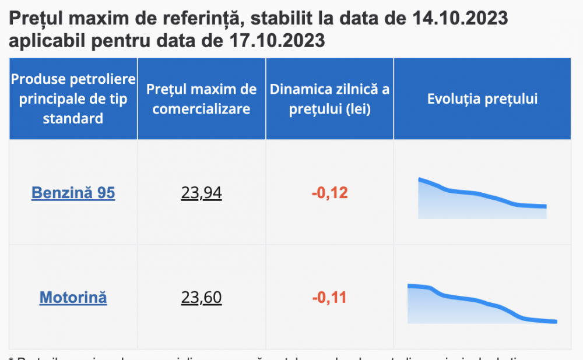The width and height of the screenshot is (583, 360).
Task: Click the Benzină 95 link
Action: click(73, 193)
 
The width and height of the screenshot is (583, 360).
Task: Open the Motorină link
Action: click(73, 298)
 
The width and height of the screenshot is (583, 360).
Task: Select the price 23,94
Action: click(202, 193)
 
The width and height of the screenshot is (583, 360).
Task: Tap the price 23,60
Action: click(202, 298)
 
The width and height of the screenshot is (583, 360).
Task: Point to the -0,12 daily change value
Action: click(329, 193)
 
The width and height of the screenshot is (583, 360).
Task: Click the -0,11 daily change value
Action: click(329, 298)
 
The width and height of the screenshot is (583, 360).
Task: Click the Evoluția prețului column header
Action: click(482, 99)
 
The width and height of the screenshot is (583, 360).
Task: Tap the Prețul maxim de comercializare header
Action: click(202, 99)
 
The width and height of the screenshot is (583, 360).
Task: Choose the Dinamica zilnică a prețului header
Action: click(329, 99)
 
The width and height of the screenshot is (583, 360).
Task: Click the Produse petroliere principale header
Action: click(73, 99)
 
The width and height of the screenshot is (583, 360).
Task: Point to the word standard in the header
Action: click(73, 119)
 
